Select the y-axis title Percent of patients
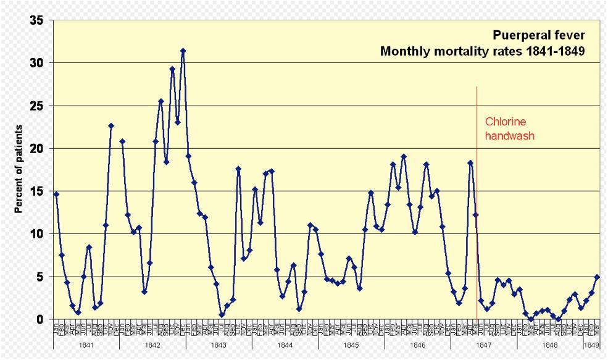click(19, 169)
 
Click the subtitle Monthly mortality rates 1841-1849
click(481, 51)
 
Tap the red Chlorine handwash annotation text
click(509, 128)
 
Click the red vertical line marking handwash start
click(477, 185)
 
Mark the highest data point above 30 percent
click(183, 51)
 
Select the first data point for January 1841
click(56, 194)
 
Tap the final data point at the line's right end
click(597, 277)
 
